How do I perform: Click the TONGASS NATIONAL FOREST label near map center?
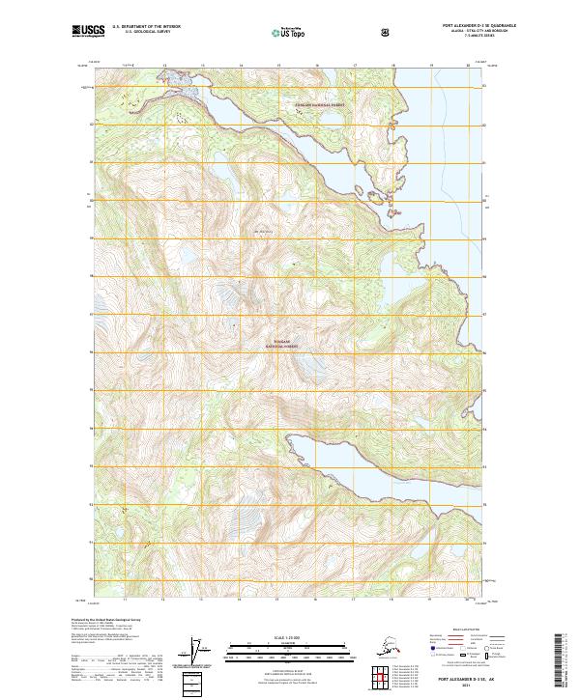281,343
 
